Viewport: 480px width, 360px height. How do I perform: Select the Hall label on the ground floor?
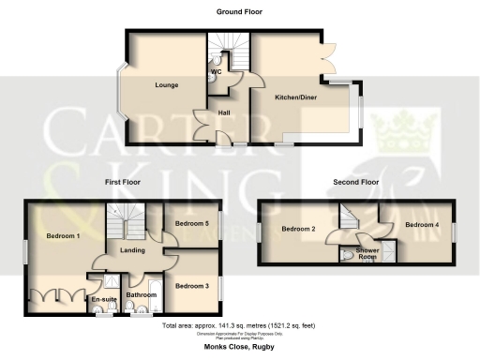pos(224,112)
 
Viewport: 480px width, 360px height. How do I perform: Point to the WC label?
pos(215,71)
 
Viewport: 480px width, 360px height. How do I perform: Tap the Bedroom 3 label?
pos(193,285)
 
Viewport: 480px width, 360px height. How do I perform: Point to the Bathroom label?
pos(142,295)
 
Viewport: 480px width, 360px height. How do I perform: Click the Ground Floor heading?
pos(240,12)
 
